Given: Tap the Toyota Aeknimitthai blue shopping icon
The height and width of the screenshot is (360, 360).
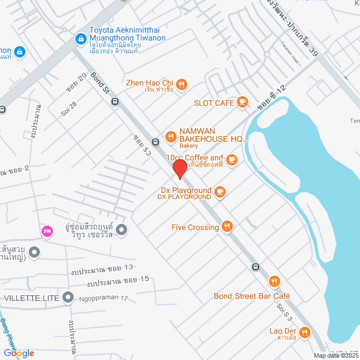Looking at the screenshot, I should tap(80, 39).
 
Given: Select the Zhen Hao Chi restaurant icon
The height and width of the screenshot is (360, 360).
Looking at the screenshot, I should tap(182, 84).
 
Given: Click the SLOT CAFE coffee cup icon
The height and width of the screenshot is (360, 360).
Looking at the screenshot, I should tap(242, 102).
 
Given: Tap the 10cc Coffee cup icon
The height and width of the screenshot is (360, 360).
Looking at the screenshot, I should tap(231, 161).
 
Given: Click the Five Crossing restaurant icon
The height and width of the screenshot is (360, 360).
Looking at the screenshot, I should tap(227, 227).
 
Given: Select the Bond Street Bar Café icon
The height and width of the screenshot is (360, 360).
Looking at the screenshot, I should tap(274, 282).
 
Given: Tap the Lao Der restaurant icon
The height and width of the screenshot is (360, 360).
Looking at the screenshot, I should tap(305, 332).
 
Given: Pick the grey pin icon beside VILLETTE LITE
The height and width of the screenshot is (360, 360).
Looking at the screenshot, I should tap(68, 296).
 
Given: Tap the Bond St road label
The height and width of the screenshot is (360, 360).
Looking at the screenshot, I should tap(98, 83).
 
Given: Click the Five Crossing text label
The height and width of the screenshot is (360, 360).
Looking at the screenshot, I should tap(195, 227).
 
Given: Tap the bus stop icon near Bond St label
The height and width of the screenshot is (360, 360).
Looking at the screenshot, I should tap(115, 102).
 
